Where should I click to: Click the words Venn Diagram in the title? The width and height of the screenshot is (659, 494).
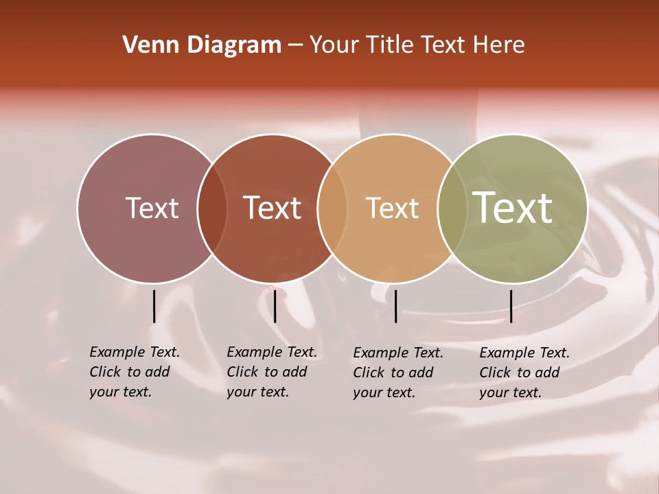pyautogui.click(x=202, y=45)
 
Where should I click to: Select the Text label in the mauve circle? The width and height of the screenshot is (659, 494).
pyautogui.click(x=152, y=208)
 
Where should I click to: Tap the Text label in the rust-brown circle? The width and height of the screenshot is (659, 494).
pyautogui.click(x=272, y=208)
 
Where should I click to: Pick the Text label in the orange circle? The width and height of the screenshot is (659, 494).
pyautogui.click(x=392, y=208)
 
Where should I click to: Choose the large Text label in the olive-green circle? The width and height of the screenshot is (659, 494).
pyautogui.click(x=512, y=207)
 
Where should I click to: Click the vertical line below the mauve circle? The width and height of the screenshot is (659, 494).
pyautogui.click(x=154, y=306)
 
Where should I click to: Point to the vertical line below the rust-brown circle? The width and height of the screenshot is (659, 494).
pyautogui.click(x=275, y=306)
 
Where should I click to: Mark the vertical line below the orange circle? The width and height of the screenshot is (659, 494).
pyautogui.click(x=395, y=306)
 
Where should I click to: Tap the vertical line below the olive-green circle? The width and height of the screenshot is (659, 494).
pyautogui.click(x=511, y=306)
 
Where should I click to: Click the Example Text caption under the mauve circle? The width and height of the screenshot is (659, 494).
pyautogui.click(x=135, y=352)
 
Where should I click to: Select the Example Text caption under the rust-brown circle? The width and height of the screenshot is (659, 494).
pyautogui.click(x=272, y=352)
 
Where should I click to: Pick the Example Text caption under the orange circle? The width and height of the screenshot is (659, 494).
pyautogui.click(x=398, y=353)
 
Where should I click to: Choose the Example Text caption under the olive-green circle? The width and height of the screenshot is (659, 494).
pyautogui.click(x=524, y=353)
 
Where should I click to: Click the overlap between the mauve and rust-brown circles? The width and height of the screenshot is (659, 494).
pyautogui.click(x=212, y=208)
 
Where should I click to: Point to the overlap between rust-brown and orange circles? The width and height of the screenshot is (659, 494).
pyautogui.click(x=332, y=208)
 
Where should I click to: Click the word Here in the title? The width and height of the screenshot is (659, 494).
pyautogui.click(x=499, y=45)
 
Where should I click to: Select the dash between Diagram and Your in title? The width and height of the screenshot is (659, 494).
pyautogui.click(x=295, y=46)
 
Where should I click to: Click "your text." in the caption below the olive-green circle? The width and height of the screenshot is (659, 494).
pyautogui.click(x=511, y=392)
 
